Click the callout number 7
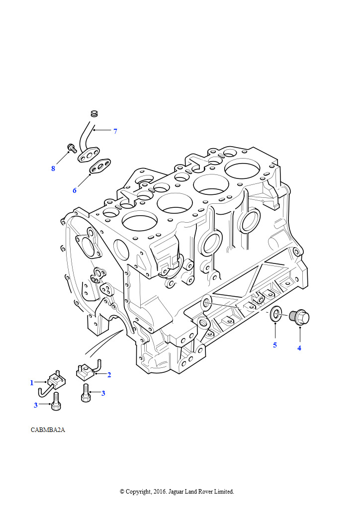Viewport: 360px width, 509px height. coord(115,131)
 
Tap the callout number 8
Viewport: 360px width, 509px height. coord(53,169)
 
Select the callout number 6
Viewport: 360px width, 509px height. coord(75,190)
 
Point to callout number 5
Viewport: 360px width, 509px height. coord(274,345)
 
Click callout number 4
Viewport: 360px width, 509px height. coord(299,348)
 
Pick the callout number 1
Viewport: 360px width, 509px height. coord(32,383)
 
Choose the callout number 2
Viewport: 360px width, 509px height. coord(109,375)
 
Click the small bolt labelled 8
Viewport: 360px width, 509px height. coord(72,147)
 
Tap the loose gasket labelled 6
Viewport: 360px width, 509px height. coord(100,167)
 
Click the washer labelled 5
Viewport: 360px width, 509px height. coord(275,314)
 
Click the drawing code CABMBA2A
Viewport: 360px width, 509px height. coord(48,430)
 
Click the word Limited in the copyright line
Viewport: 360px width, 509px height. coord(223,492)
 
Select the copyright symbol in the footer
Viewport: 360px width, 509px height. coord(122,492)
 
